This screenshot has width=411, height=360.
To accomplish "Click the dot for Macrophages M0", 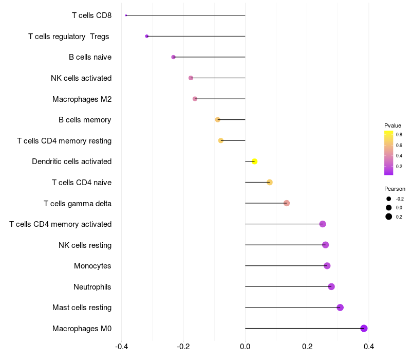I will [364, 328].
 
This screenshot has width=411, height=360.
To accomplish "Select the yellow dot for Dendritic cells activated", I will [254, 161].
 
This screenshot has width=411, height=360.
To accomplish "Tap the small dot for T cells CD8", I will [126, 15].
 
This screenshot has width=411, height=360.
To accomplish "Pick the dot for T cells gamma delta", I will [287, 203].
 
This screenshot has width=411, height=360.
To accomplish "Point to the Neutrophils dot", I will [331, 286].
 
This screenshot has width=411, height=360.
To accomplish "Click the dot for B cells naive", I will [173, 57].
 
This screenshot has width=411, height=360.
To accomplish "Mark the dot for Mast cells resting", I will [340, 308].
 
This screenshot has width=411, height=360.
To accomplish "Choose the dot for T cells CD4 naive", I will [270, 182].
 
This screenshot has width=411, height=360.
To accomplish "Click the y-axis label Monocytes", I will [92, 266].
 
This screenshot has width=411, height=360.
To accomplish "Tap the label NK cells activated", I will [81, 78].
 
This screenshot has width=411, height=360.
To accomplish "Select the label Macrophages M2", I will [82, 99].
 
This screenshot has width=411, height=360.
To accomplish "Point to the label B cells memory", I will [85, 120].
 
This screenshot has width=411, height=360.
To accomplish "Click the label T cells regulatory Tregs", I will [69, 37].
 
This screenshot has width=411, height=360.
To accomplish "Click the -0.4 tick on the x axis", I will [121, 347].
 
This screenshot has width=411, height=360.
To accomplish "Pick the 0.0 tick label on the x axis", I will [245, 347].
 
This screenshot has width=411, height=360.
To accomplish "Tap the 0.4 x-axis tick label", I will [369, 347].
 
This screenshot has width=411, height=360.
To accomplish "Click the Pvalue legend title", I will [393, 125].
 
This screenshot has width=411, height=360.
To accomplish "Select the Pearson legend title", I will [395, 189].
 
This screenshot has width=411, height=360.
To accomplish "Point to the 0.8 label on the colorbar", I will [399, 134].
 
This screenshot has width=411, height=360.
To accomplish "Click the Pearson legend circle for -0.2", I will [389, 199].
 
